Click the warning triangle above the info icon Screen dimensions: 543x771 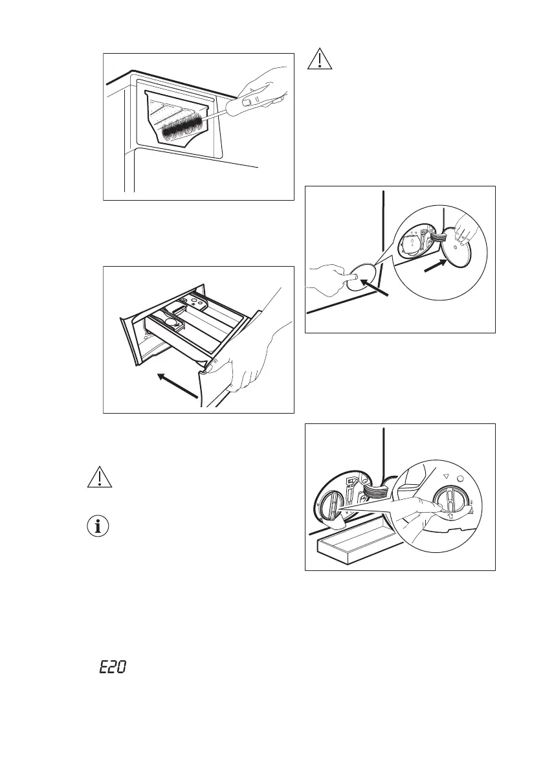98,476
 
